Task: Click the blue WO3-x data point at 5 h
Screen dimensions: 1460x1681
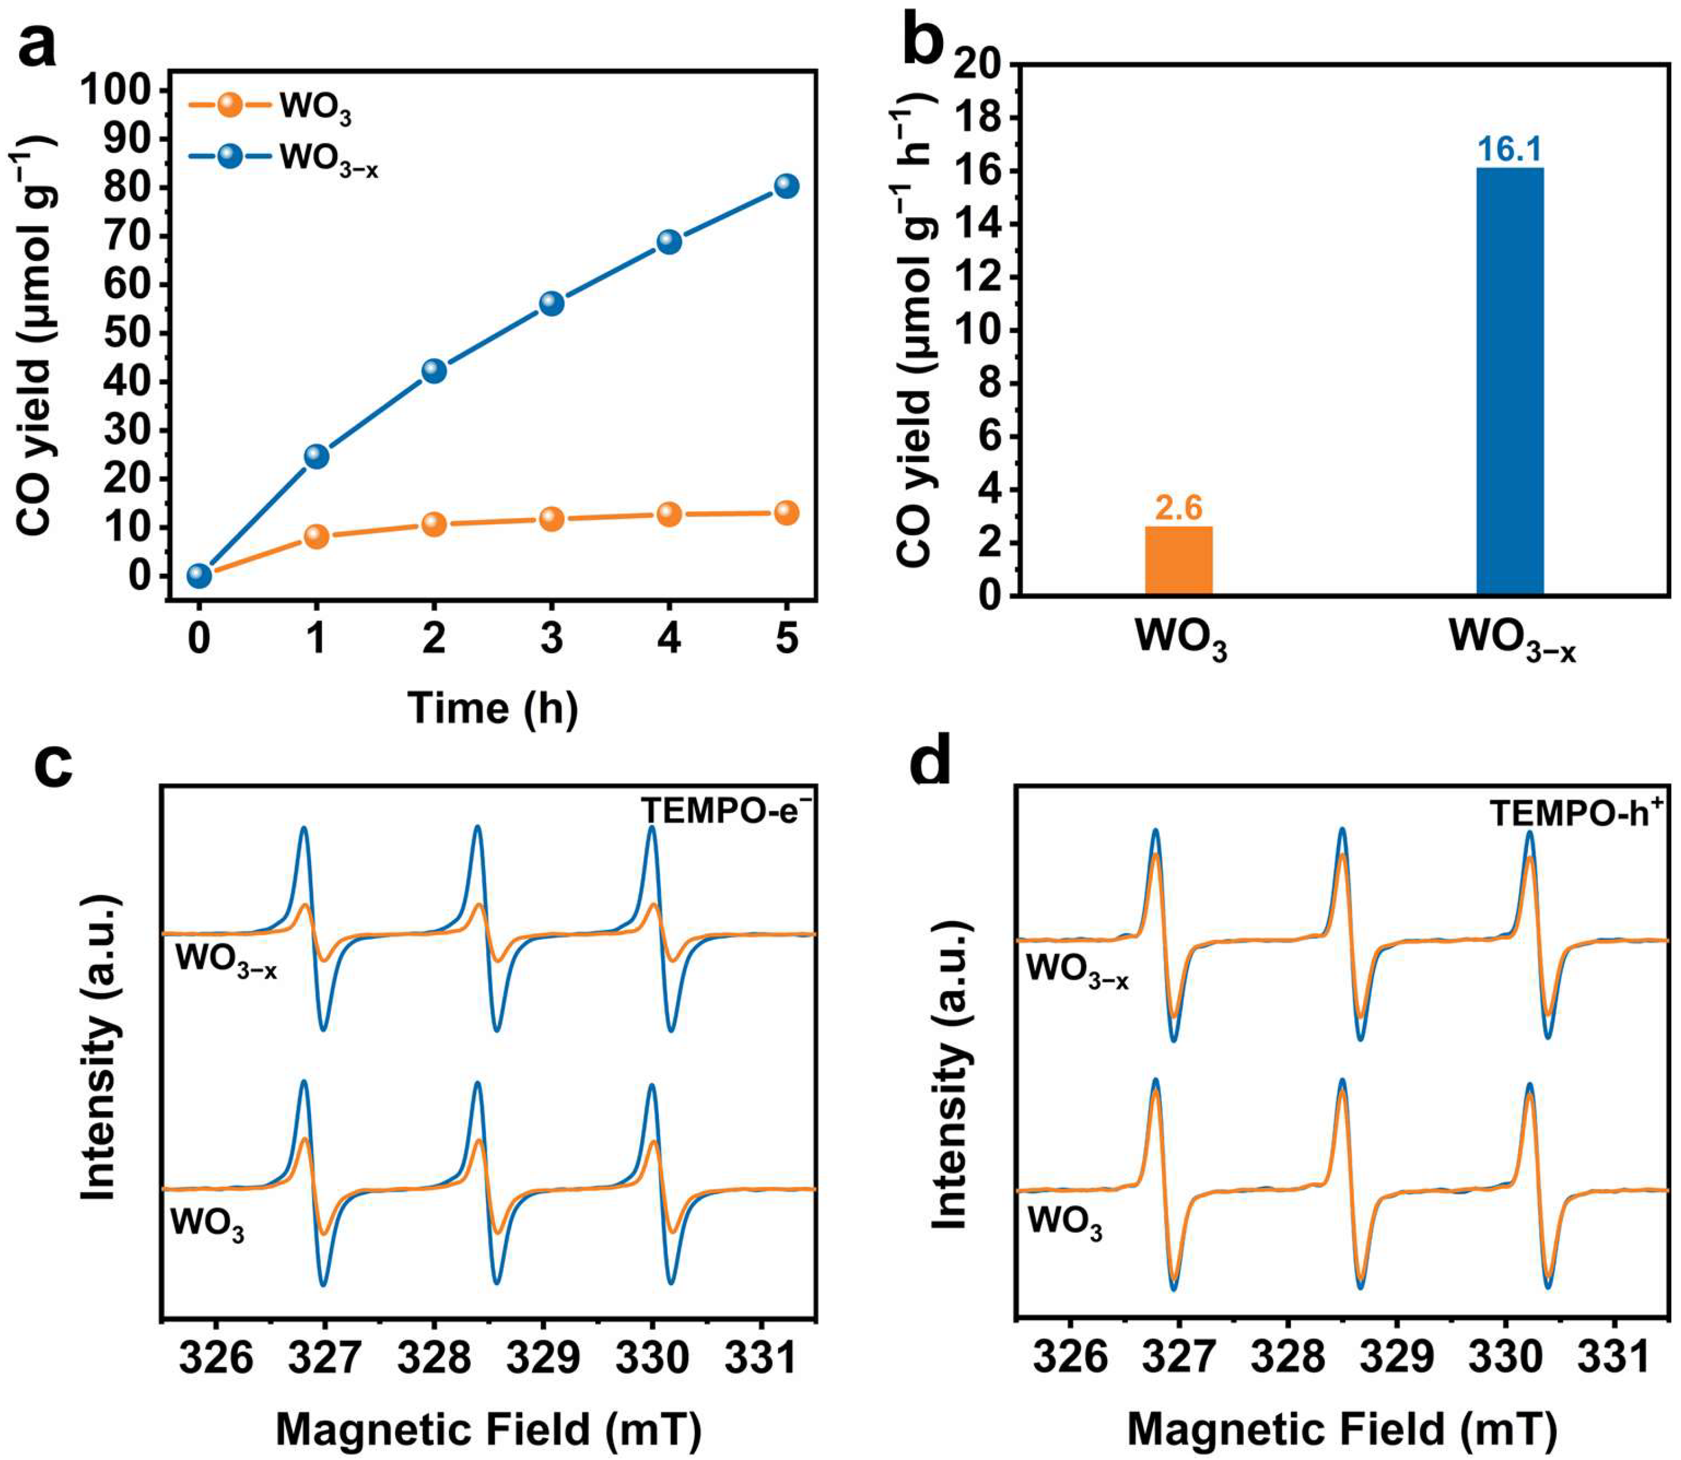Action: [786, 186]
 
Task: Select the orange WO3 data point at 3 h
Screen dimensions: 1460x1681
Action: [551, 519]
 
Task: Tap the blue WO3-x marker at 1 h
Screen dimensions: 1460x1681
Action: [316, 456]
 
